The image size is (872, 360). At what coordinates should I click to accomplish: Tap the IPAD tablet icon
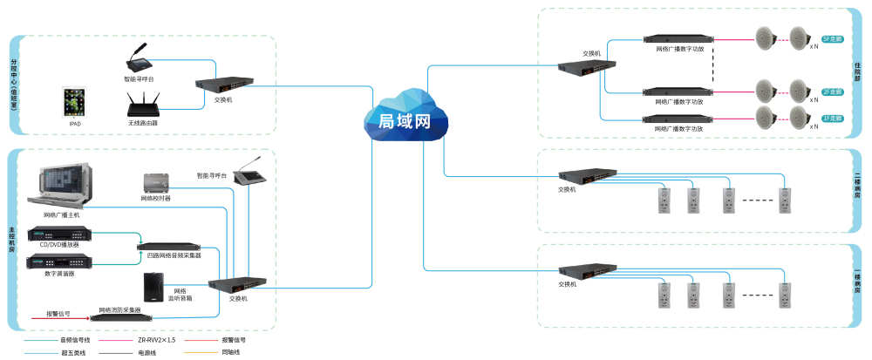pos(75,103)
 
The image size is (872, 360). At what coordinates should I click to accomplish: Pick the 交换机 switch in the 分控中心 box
pos(222,84)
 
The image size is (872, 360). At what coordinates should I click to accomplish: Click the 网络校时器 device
pos(156,183)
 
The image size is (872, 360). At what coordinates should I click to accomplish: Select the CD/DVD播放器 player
pos(59,234)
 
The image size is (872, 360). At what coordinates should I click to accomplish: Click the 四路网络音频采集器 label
pos(174,255)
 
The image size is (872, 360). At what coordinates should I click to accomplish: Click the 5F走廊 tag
pos(833,39)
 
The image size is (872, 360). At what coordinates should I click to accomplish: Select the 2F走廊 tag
pos(833,92)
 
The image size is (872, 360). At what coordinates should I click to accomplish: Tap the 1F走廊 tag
pos(833,116)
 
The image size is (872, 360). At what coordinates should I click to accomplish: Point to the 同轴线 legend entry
pos(229,352)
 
